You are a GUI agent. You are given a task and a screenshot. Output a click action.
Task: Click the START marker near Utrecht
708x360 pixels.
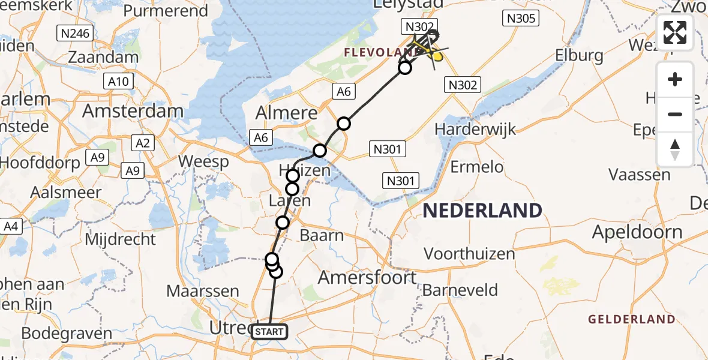tap(269, 331)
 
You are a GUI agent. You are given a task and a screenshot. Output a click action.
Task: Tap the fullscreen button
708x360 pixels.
tap(675, 32)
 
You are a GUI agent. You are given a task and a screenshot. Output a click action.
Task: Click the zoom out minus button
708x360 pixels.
tap(675, 114)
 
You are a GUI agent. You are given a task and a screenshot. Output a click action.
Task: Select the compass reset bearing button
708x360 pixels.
tap(675, 149)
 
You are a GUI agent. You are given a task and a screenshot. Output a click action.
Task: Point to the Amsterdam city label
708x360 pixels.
tap(133, 111)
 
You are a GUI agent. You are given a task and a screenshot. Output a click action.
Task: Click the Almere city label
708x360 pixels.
tap(287, 113)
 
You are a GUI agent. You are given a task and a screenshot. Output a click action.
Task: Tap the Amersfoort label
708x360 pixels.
tap(367, 278)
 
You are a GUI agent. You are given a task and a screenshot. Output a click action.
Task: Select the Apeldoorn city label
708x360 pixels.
tap(637, 232)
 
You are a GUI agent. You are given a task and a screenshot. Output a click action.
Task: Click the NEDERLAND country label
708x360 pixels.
tap(482, 211)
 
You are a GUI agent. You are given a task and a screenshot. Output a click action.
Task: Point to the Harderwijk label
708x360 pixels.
tap(475, 129)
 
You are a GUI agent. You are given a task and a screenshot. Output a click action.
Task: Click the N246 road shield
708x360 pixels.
tap(74, 33)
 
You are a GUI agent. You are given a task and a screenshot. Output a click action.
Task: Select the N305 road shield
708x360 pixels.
tap(520, 19)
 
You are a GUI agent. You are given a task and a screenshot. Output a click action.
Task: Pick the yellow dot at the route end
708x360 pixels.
tap(438, 57)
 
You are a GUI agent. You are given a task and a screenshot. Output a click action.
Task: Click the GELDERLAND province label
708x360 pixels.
tap(632, 319)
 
